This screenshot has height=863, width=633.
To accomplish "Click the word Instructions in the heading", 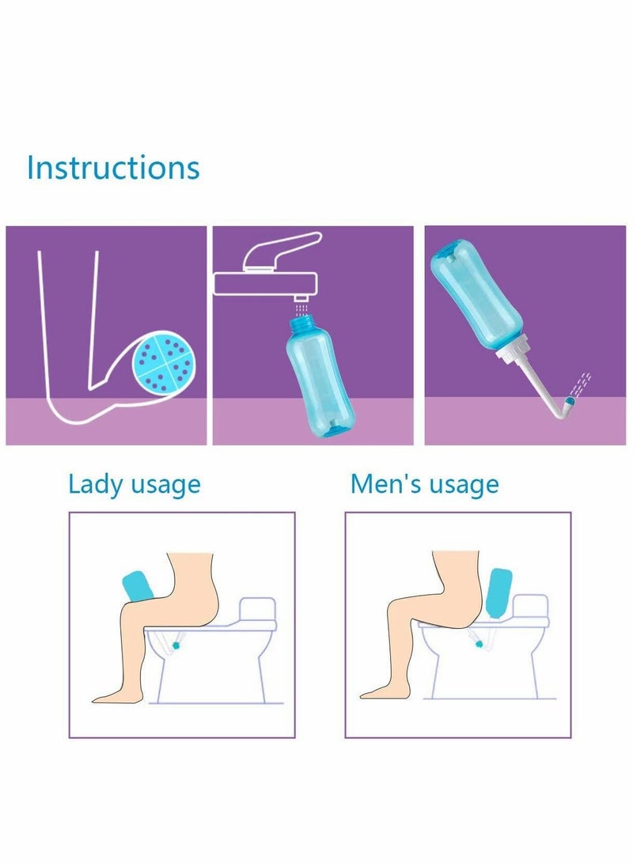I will pyautogui.click(x=112, y=168).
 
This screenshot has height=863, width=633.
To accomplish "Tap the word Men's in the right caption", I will pyautogui.click(x=383, y=483).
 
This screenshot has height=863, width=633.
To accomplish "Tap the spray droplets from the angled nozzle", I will pyautogui.click(x=582, y=383).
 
